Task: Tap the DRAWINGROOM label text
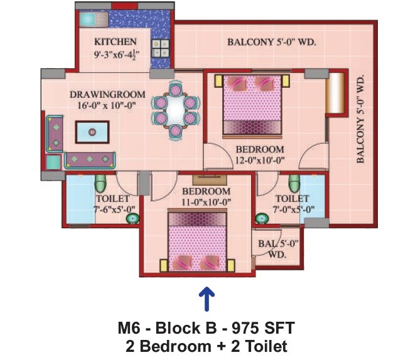(x=107, y=95)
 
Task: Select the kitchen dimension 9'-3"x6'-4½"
(x=116, y=55)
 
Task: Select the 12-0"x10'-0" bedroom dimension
(x=259, y=161)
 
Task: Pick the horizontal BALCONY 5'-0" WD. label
(x=271, y=43)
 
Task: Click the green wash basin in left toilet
(x=132, y=218)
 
